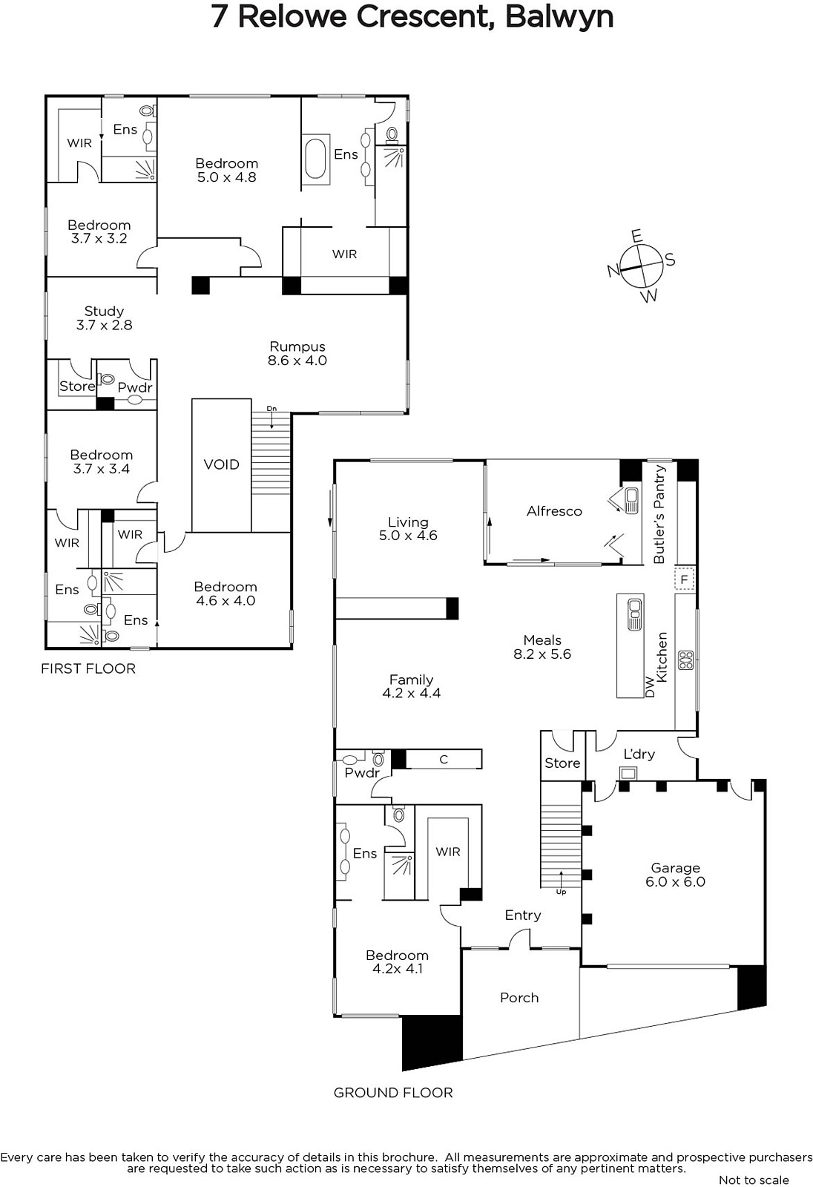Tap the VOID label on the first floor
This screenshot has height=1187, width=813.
pyautogui.click(x=222, y=464)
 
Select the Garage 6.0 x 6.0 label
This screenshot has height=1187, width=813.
pyautogui.click(x=675, y=875)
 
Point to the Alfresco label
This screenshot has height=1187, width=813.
pyautogui.click(x=554, y=511)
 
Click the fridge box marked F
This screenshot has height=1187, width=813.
pyautogui.click(x=684, y=579)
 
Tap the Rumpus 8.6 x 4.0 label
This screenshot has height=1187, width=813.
pyautogui.click(x=297, y=353)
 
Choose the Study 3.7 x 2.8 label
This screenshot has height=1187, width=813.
pyautogui.click(x=104, y=318)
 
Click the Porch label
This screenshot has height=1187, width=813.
pyautogui.click(x=519, y=998)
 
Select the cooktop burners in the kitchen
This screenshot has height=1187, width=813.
pyautogui.click(x=686, y=660)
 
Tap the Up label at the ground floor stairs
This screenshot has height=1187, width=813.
pyautogui.click(x=562, y=892)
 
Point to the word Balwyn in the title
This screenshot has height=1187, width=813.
pyautogui.click(x=559, y=16)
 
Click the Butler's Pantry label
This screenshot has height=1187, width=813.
pyautogui.click(x=659, y=515)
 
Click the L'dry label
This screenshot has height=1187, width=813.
pyautogui.click(x=639, y=754)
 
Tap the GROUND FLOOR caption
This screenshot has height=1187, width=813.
pyautogui.click(x=393, y=1093)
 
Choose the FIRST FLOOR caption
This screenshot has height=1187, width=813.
pyautogui.click(x=88, y=668)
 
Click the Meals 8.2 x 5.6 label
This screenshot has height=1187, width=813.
pyautogui.click(x=542, y=647)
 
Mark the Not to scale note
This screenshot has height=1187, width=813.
pyautogui.click(x=754, y=1180)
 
